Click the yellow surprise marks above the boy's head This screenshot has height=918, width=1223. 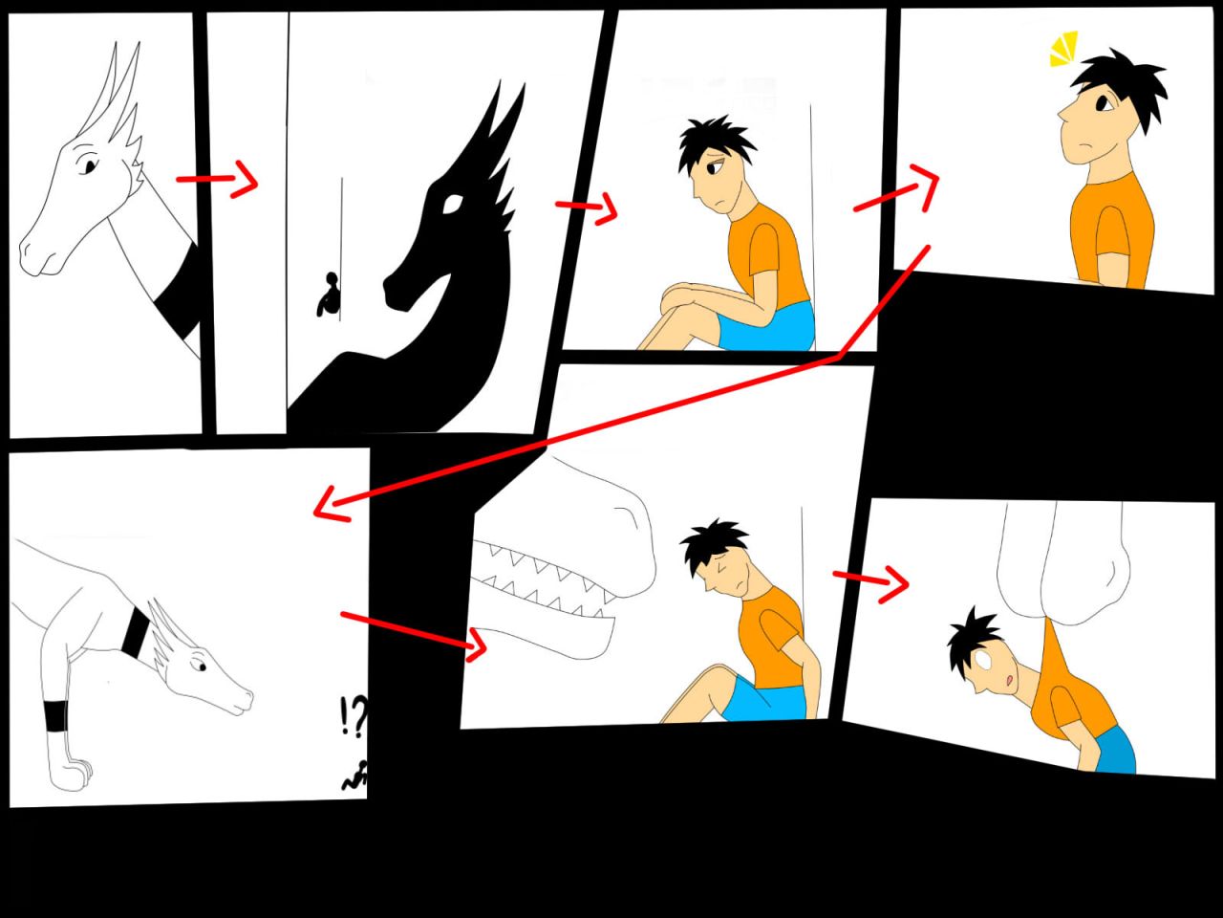[x=1063, y=49]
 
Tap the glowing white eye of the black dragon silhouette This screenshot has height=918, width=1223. [x=452, y=204]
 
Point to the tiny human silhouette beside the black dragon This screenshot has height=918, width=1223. [x=330, y=295]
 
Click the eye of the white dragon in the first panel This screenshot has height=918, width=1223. [x=89, y=165]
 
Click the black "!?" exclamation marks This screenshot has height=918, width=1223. [x=354, y=717]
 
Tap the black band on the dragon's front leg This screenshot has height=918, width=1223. [x=56, y=715]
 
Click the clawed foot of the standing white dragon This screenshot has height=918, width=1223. [x=70, y=772]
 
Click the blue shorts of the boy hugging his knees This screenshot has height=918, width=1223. [x=767, y=327]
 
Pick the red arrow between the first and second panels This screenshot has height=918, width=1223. [x=218, y=179]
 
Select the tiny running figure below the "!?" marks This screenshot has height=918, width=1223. [x=354, y=775]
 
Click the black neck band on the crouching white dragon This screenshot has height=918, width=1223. [x=136, y=632]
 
